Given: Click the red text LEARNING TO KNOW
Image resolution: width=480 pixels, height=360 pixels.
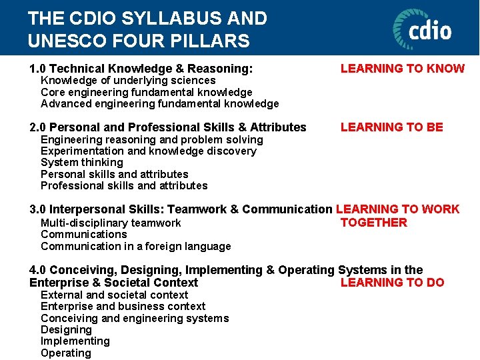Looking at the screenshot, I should click(403, 68).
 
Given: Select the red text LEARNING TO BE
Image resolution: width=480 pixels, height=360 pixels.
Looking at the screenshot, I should click(391, 127).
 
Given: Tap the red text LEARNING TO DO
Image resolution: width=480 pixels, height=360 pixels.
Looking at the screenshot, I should click(392, 282).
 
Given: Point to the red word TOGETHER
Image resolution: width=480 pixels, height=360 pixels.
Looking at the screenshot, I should click(373, 223).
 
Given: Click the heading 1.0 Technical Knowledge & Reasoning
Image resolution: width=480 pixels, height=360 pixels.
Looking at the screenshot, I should click(141, 68).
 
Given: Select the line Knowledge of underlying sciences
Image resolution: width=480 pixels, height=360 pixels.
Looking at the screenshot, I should click(128, 81).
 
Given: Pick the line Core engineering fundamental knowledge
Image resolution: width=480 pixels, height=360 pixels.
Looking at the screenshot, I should click(147, 92).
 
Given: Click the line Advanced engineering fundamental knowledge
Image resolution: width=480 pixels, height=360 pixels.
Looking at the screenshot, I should click(160, 103).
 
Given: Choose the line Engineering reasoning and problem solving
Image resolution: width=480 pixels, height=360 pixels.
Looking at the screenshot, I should click(152, 139).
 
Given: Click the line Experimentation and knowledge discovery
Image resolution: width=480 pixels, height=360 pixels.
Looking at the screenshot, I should click(149, 151).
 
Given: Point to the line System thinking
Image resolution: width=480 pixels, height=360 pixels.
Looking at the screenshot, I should click(82, 162).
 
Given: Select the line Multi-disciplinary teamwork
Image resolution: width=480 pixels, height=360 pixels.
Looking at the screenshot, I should click(111, 223).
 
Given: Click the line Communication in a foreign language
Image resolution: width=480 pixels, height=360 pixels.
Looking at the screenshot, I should click(136, 246).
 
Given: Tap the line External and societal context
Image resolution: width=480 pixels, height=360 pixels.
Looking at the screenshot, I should click(114, 295).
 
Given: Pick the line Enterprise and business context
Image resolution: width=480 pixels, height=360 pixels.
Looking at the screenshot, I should click(123, 306).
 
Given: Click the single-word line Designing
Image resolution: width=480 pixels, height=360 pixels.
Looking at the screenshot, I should click(66, 329).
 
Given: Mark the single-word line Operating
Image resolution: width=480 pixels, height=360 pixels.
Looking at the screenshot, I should click(66, 353).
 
